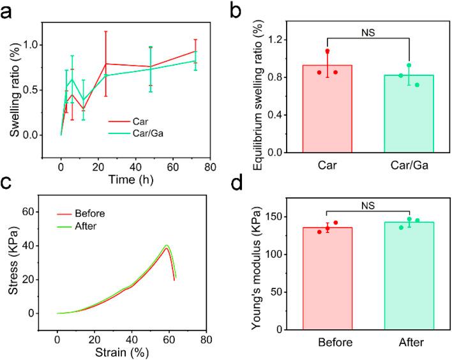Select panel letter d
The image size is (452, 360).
pyautogui.click(x=237, y=190)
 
